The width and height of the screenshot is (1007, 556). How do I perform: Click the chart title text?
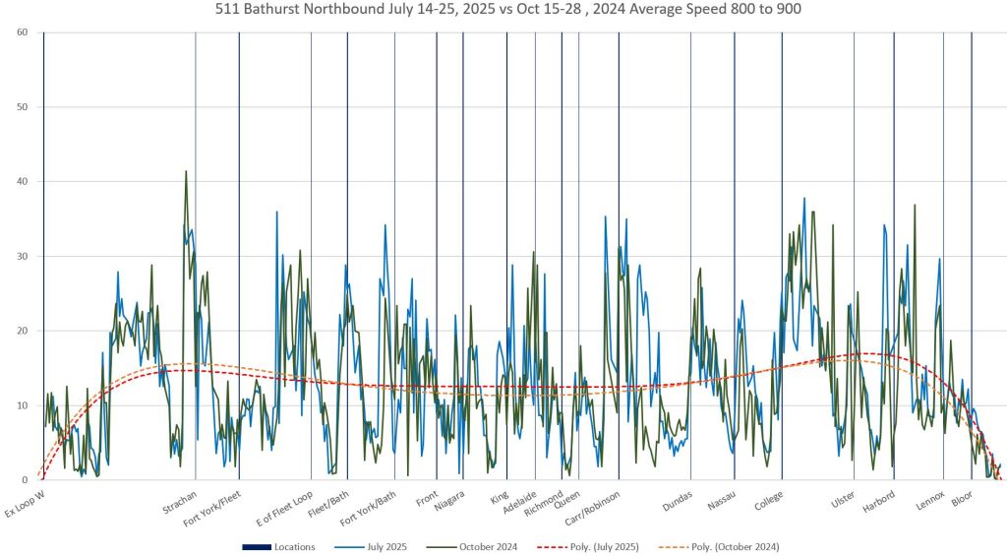(x=503, y=10)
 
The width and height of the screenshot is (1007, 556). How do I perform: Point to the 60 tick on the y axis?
(x=21, y=32)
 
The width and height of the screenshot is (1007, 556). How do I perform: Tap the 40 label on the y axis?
(x=21, y=182)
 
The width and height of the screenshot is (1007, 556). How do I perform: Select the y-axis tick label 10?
(x=21, y=405)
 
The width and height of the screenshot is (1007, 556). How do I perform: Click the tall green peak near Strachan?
(x=186, y=172)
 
